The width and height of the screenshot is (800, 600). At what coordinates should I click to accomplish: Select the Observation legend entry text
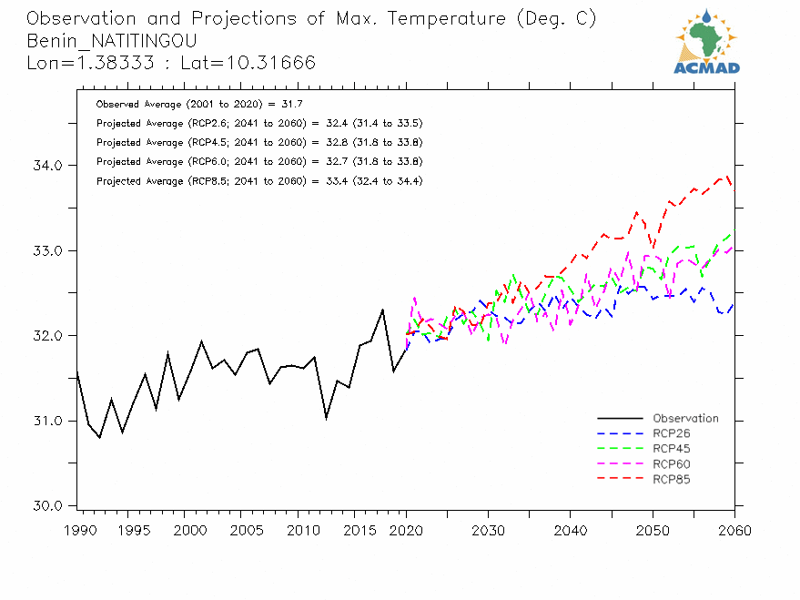tap(685, 419)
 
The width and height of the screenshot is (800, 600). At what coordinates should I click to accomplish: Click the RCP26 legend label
tap(671, 433)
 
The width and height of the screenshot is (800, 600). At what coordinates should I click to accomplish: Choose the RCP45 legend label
tap(671, 449)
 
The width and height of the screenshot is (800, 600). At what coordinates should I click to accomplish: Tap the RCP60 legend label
tap(671, 464)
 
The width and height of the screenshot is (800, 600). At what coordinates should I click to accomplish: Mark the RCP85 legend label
tap(671, 479)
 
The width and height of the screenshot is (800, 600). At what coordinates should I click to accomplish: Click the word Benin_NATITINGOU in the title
tap(112, 41)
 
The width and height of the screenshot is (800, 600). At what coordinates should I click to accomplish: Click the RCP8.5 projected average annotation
tap(258, 181)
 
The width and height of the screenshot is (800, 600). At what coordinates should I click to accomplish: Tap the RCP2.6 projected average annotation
tap(258, 123)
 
